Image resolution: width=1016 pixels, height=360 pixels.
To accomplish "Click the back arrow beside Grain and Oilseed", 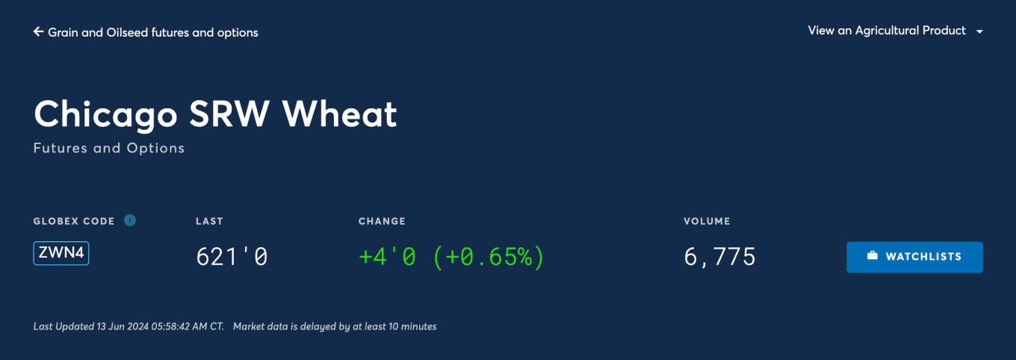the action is pos(39,31).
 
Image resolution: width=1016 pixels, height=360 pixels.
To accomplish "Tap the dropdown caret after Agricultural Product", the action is pos(979,31).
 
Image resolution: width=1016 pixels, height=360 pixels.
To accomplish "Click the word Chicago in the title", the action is pos(105,115).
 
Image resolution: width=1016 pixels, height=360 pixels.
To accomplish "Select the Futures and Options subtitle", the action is pos(109,149).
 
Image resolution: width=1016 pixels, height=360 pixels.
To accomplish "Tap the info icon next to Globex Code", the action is pos(130,220).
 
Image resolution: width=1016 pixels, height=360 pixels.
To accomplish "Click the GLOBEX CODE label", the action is pos(74,221).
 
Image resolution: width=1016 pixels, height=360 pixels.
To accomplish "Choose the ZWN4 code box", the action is pos(61,253).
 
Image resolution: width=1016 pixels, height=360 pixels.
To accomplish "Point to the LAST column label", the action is pos(209,221).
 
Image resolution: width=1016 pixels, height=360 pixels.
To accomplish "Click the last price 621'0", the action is pos(232,257).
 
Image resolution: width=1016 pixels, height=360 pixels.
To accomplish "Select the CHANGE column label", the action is pos(382,221).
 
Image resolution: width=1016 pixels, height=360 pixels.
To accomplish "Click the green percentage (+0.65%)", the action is pos(489,257).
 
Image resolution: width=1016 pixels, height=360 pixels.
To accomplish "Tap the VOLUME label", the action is pos(707,221).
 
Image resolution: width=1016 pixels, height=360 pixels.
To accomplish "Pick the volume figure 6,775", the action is pos(720,257).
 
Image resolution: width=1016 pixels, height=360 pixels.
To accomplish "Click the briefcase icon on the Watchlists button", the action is pos(873,255).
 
